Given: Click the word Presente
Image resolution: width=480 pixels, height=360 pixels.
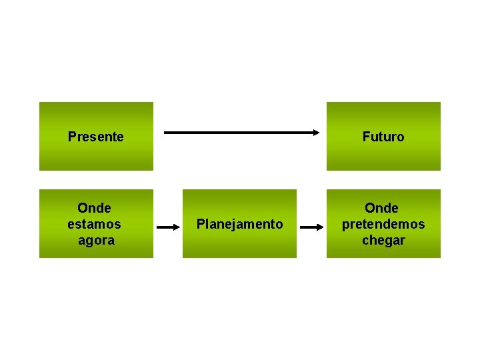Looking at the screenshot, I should point(96,137).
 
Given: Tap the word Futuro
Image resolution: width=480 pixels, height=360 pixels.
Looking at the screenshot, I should point(383,137).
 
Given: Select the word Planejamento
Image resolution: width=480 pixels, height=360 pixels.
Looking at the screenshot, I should point(239,224).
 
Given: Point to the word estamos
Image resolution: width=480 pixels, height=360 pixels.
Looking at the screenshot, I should point(95,224).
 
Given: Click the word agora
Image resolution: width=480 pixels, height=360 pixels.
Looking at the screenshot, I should point(96,240).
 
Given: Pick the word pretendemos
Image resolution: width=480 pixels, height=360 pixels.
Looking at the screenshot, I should point(383,224).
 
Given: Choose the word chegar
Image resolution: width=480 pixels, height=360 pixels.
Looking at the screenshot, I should point(383,240).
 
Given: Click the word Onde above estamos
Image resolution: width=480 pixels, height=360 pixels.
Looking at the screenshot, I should point(95,208).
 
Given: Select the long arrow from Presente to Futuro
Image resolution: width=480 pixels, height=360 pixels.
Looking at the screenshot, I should point(242,133).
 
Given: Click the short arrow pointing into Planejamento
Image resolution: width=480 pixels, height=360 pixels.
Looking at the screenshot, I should point(169,227).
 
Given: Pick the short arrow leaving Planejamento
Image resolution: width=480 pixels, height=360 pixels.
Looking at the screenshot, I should point(312,227).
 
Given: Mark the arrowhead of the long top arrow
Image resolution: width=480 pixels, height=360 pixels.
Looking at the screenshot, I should point(317,133).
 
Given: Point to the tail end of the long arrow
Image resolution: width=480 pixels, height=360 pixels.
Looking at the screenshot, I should point(166,133).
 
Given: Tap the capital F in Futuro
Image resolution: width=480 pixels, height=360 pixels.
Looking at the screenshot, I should point(366,137).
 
